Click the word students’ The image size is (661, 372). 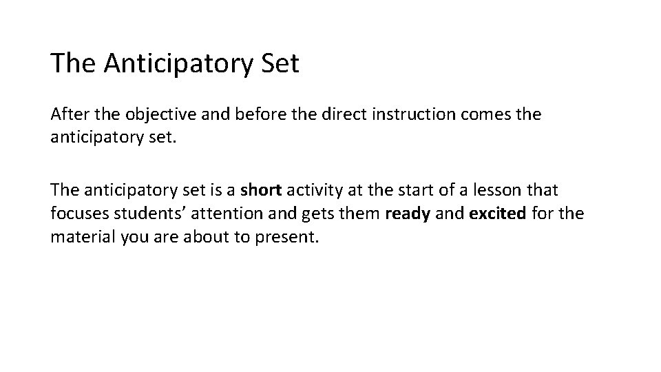coord(140,214)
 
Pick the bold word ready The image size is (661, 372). coord(408,214)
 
